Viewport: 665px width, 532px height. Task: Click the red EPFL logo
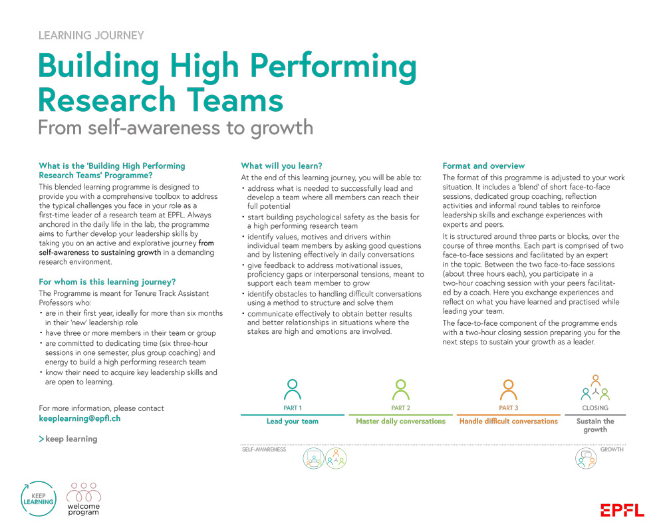tap(622, 510)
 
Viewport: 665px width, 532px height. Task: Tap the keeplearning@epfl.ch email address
tap(80, 419)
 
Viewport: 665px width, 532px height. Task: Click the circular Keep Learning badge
tap(38, 498)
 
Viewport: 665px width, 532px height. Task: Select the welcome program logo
tap(84, 499)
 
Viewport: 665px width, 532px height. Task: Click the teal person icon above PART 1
tap(292, 389)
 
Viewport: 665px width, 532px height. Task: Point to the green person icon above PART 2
tap(400, 389)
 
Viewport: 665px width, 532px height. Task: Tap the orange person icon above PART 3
tap(508, 389)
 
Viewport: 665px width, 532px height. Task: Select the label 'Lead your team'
tap(292, 422)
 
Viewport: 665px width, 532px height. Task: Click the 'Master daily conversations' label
tap(400, 422)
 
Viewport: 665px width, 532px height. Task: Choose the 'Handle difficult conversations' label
tap(508, 422)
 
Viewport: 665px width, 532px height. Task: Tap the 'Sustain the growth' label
tap(595, 426)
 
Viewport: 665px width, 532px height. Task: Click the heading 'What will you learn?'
tap(281, 166)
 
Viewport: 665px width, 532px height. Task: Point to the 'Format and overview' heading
tap(483, 166)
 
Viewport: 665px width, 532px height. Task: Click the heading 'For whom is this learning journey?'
tap(107, 282)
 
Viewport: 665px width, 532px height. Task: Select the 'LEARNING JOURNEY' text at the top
tap(91, 36)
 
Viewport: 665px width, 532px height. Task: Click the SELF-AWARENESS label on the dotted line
tap(263, 450)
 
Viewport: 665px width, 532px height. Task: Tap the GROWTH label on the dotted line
tap(612, 450)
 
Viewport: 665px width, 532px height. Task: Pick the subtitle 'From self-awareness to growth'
tap(176, 127)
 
